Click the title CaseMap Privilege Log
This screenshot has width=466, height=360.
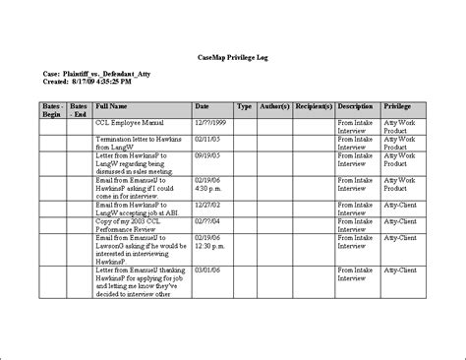click(x=232, y=60)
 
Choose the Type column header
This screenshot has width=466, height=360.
click(x=245, y=105)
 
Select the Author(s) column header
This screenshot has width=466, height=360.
click(x=276, y=105)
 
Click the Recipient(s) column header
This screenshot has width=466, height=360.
click(x=314, y=105)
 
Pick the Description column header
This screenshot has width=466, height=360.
click(x=356, y=105)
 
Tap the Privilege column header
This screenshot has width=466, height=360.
click(x=397, y=105)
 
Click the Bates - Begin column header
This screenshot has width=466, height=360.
click(x=53, y=109)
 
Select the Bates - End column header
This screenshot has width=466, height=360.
click(x=80, y=109)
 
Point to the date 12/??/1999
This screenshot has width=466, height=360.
click(x=209, y=125)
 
